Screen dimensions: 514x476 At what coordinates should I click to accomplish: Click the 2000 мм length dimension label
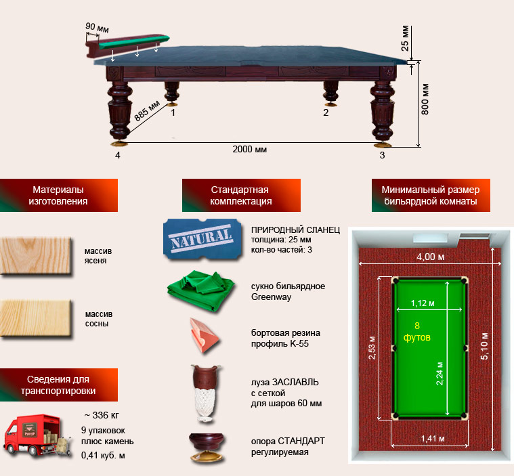click(249, 150)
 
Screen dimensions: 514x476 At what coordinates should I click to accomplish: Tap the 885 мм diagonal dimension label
click(147, 110)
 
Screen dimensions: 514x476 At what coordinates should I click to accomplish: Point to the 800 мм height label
click(425, 99)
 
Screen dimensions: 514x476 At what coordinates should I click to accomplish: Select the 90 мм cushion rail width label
click(97, 28)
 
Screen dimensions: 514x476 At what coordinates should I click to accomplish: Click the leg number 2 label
click(326, 112)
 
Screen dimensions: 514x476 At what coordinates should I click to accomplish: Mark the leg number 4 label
click(118, 155)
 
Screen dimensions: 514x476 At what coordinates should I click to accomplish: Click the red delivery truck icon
click(37, 435)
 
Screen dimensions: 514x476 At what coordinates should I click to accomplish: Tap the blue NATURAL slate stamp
click(202, 239)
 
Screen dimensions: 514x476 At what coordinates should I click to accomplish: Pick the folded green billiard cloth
click(200, 290)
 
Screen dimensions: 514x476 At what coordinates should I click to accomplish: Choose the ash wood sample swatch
click(36, 255)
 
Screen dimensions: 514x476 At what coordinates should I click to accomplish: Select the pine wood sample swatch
click(36, 318)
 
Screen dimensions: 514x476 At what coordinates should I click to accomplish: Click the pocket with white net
click(206, 393)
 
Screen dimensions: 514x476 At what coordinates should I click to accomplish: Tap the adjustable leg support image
click(206, 448)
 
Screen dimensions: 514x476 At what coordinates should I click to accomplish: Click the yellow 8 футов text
click(417, 331)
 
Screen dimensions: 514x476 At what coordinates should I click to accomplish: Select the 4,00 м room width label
click(431, 257)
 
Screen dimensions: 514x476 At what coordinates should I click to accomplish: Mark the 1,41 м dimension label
click(433, 438)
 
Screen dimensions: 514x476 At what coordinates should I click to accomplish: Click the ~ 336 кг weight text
click(102, 415)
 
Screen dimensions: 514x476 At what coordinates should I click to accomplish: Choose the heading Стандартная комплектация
click(241, 196)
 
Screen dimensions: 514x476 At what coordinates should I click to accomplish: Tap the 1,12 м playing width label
click(423, 303)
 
